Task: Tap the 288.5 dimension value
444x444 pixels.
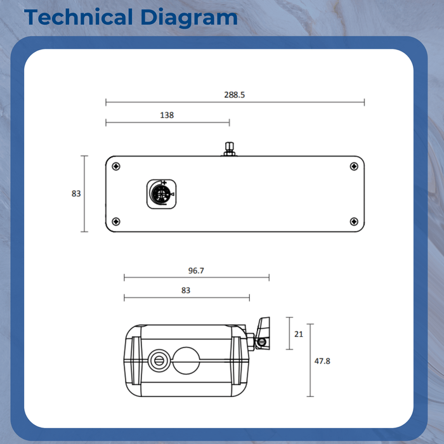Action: click(234, 95)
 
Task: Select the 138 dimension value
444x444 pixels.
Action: click(167, 115)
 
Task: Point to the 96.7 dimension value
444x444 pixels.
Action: click(196, 270)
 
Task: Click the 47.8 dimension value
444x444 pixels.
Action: click(322, 361)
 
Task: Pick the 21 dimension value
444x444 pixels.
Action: click(299, 334)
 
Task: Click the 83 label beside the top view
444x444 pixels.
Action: click(76, 194)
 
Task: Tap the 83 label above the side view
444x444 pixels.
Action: click(186, 291)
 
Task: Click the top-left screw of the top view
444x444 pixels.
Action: click(115, 167)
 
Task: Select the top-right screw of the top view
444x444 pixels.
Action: click(353, 167)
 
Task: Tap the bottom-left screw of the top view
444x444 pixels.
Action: click(115, 221)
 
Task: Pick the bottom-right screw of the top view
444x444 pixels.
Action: click(353, 221)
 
